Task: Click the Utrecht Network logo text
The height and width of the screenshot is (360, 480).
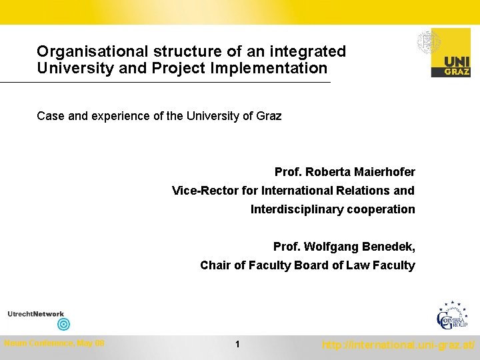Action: [x=36, y=314]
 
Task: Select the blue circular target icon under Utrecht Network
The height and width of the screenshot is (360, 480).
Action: [x=63, y=325]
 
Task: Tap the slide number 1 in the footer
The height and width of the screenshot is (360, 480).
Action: [x=237, y=345]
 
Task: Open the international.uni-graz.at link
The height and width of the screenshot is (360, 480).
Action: [x=398, y=345]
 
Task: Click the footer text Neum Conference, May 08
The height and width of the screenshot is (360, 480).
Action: [x=54, y=343]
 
